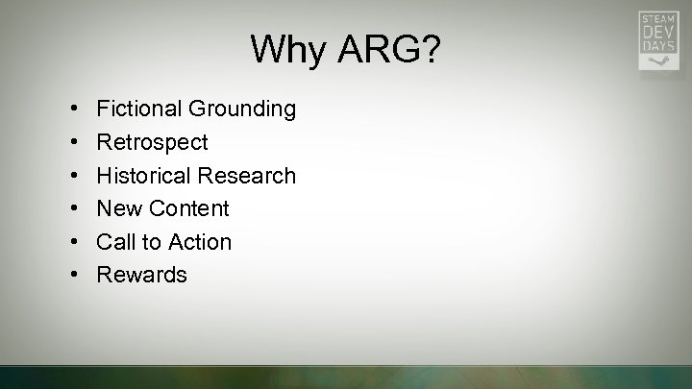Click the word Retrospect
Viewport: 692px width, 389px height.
(x=152, y=142)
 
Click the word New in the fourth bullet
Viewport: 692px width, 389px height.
(x=118, y=208)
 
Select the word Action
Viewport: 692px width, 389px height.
(x=200, y=242)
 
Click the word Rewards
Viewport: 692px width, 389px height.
(x=142, y=275)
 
